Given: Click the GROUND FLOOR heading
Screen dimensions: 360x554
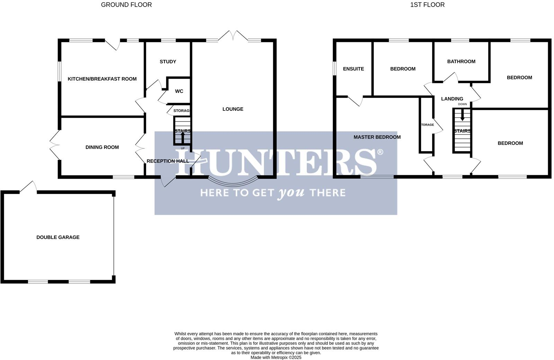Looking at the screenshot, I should pos(126,5).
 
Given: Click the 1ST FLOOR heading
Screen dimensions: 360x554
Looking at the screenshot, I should pos(427,5).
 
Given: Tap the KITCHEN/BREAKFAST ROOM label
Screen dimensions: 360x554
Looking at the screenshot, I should pos(102,79).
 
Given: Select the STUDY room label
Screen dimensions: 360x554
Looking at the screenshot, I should pos(168,62).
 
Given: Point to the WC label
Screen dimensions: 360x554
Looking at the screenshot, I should pos(179,91).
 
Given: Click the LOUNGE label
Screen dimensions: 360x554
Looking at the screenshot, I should pos(233,109).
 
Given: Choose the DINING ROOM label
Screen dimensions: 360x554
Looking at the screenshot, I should pos(102,147).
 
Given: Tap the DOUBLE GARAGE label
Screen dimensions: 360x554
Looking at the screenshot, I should pos(58,237).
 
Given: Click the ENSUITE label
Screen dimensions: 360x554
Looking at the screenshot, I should pos(354,69).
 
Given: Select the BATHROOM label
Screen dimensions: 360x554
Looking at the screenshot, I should pos(461,62).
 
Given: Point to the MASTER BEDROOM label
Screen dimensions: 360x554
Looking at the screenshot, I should pos(377,137).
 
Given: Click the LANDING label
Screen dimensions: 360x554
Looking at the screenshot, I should pos(452,99).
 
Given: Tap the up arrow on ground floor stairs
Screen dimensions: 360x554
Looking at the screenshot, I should pos(183,137).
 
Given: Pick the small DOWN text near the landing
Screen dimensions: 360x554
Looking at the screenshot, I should pos(462,104).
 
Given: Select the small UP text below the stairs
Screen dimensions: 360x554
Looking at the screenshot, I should pos(183,148).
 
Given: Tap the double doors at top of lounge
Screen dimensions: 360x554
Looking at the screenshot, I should pos(233,36).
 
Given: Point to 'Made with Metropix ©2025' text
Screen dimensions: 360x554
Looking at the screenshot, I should pos(276,358).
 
